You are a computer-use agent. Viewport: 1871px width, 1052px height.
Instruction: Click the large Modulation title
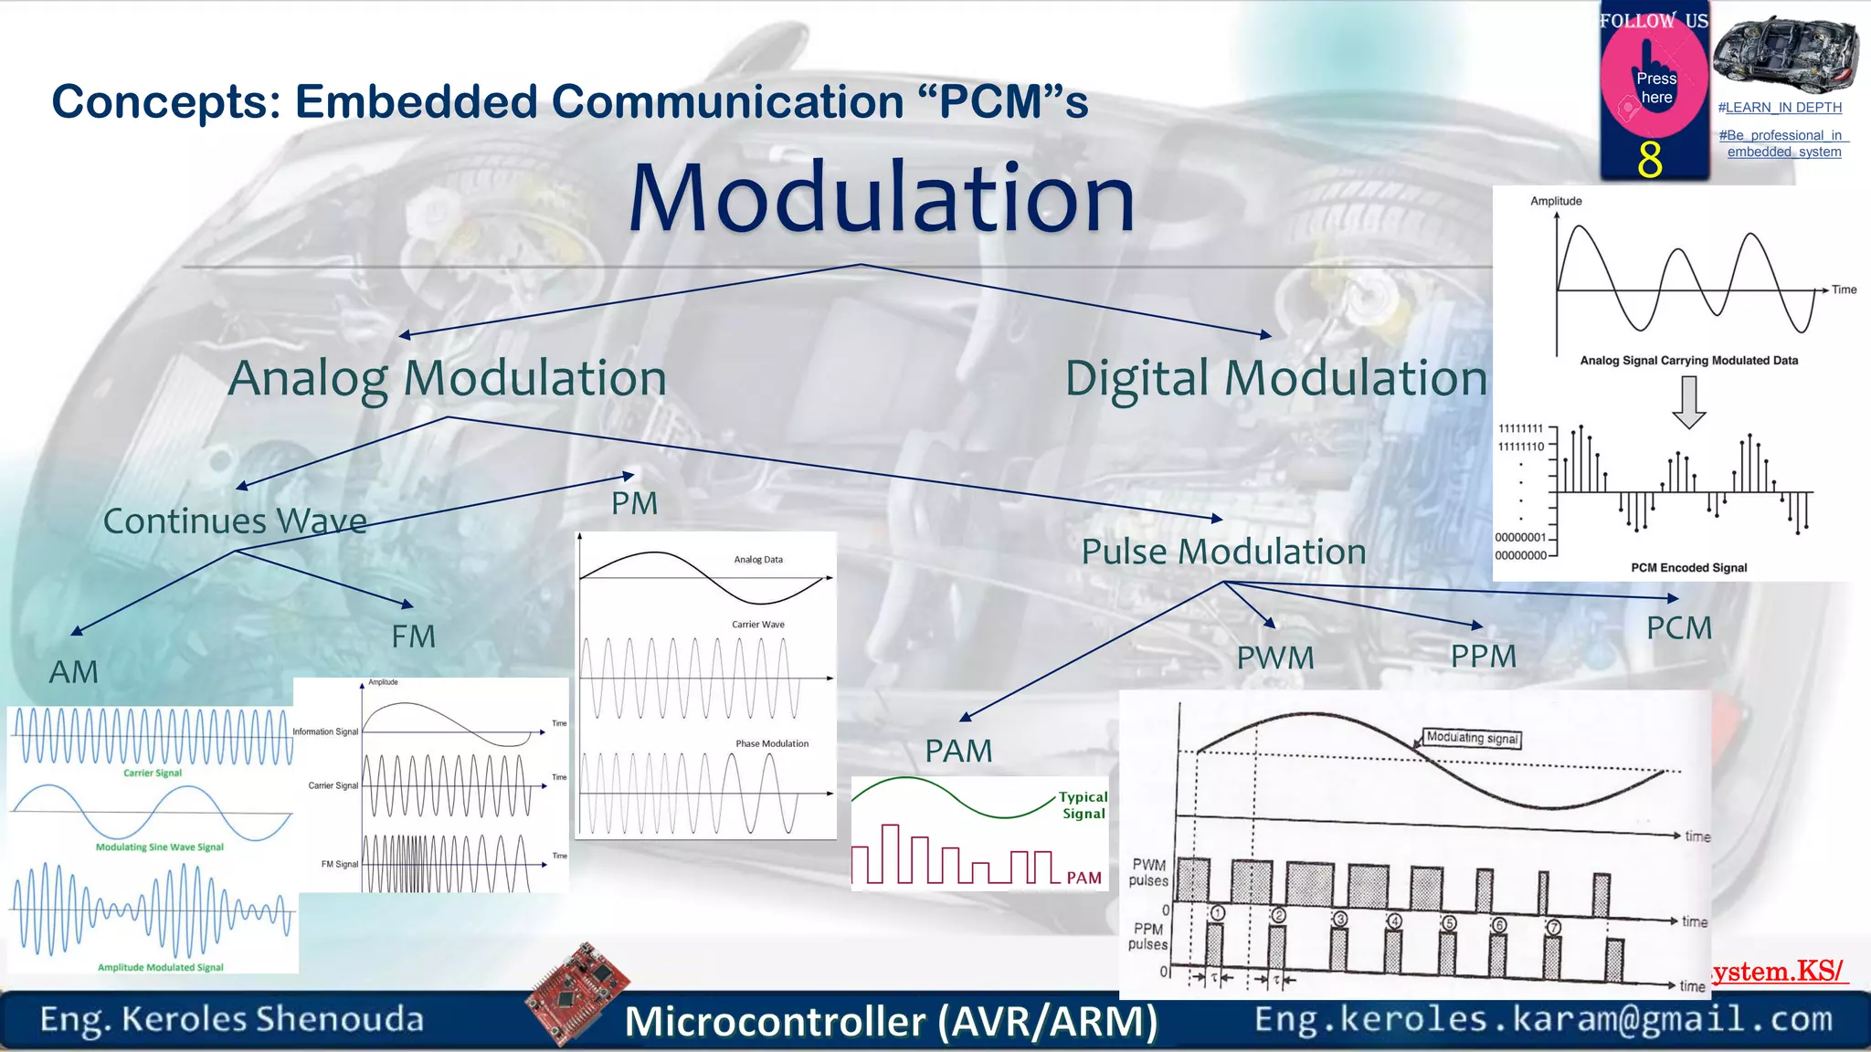point(882,198)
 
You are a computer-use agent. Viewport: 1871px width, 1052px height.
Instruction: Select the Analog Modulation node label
point(447,378)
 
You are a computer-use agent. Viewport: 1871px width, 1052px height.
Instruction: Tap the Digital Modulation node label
point(1275,378)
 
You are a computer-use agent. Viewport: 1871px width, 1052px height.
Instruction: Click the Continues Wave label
point(235,521)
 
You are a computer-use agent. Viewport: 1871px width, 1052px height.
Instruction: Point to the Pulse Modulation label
point(1223,552)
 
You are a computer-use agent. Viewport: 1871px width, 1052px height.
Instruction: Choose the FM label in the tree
point(413,636)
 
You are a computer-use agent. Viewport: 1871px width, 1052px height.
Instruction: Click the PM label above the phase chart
point(634,503)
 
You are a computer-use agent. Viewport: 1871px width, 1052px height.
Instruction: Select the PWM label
point(1275,657)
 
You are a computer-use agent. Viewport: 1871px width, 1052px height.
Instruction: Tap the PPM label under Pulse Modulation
point(1483,656)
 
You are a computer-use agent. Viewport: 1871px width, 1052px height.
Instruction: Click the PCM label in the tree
point(1678,628)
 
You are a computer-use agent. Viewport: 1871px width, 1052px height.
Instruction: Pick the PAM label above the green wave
point(957,751)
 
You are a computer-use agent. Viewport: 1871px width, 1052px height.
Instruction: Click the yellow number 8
point(1649,160)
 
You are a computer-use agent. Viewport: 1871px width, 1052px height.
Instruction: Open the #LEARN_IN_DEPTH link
point(1780,108)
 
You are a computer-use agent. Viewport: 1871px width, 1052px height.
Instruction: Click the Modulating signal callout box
point(1472,738)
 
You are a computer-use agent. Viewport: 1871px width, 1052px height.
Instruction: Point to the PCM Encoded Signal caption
point(1688,568)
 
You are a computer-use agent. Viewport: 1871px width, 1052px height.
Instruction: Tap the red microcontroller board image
point(578,993)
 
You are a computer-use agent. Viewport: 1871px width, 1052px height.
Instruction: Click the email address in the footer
point(1543,1018)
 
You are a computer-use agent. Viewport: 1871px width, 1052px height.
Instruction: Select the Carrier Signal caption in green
point(153,773)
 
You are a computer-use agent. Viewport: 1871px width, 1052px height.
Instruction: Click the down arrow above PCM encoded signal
point(1688,402)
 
